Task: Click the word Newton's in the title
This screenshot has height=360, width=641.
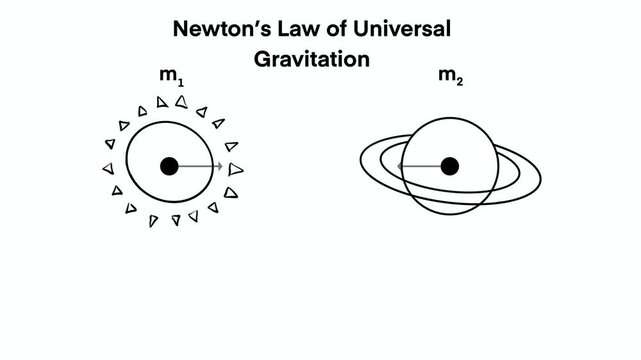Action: tap(218, 28)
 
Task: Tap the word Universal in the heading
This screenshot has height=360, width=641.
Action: tap(400, 28)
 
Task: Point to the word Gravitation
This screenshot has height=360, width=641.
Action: tap(312, 59)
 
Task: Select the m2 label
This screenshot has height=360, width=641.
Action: tap(451, 76)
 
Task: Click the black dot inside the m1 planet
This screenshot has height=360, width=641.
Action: tap(169, 166)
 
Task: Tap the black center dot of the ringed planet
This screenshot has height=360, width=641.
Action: tap(450, 165)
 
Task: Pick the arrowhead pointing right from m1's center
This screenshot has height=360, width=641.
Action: tap(219, 166)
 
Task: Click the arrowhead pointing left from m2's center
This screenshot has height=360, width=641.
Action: tap(400, 165)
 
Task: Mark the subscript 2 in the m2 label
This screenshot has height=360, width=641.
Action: tap(460, 81)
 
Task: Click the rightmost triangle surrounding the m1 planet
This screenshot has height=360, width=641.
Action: tap(235, 169)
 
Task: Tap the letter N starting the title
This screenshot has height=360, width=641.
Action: tap(181, 28)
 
